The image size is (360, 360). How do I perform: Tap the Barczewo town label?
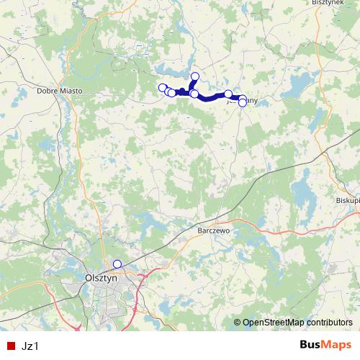coord(212,232)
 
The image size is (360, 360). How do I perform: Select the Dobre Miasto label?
coord(60,91)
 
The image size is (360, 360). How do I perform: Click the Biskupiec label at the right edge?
coord(348,200)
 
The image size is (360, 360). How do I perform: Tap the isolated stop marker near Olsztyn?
coord(117,264)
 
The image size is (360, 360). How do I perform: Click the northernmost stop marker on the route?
coord(194,76)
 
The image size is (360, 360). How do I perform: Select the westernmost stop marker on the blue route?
coord(162,88)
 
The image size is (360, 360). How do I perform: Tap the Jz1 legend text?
coord(30,346)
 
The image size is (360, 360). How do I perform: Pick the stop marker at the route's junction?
coord(194,94)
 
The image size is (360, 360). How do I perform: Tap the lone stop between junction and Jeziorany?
coord(228,94)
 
